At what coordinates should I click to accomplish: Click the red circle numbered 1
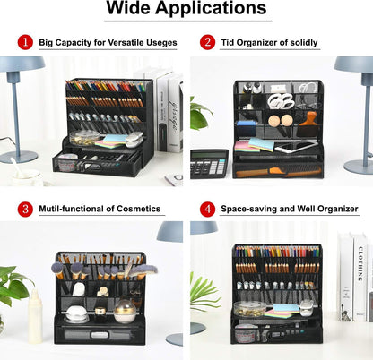coord(26,42)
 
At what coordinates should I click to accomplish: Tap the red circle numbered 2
coord(207,42)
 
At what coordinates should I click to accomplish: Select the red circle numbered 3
coord(26,209)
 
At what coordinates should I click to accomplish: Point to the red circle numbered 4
coord(207,209)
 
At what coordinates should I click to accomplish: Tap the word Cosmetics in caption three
coord(135,209)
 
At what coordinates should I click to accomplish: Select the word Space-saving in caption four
coord(254,209)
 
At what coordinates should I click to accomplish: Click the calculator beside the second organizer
coord(209,163)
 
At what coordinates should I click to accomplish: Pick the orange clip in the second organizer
coord(308,117)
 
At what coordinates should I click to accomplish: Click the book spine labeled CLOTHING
coord(359,277)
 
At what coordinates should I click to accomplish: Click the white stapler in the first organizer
coord(133,140)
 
